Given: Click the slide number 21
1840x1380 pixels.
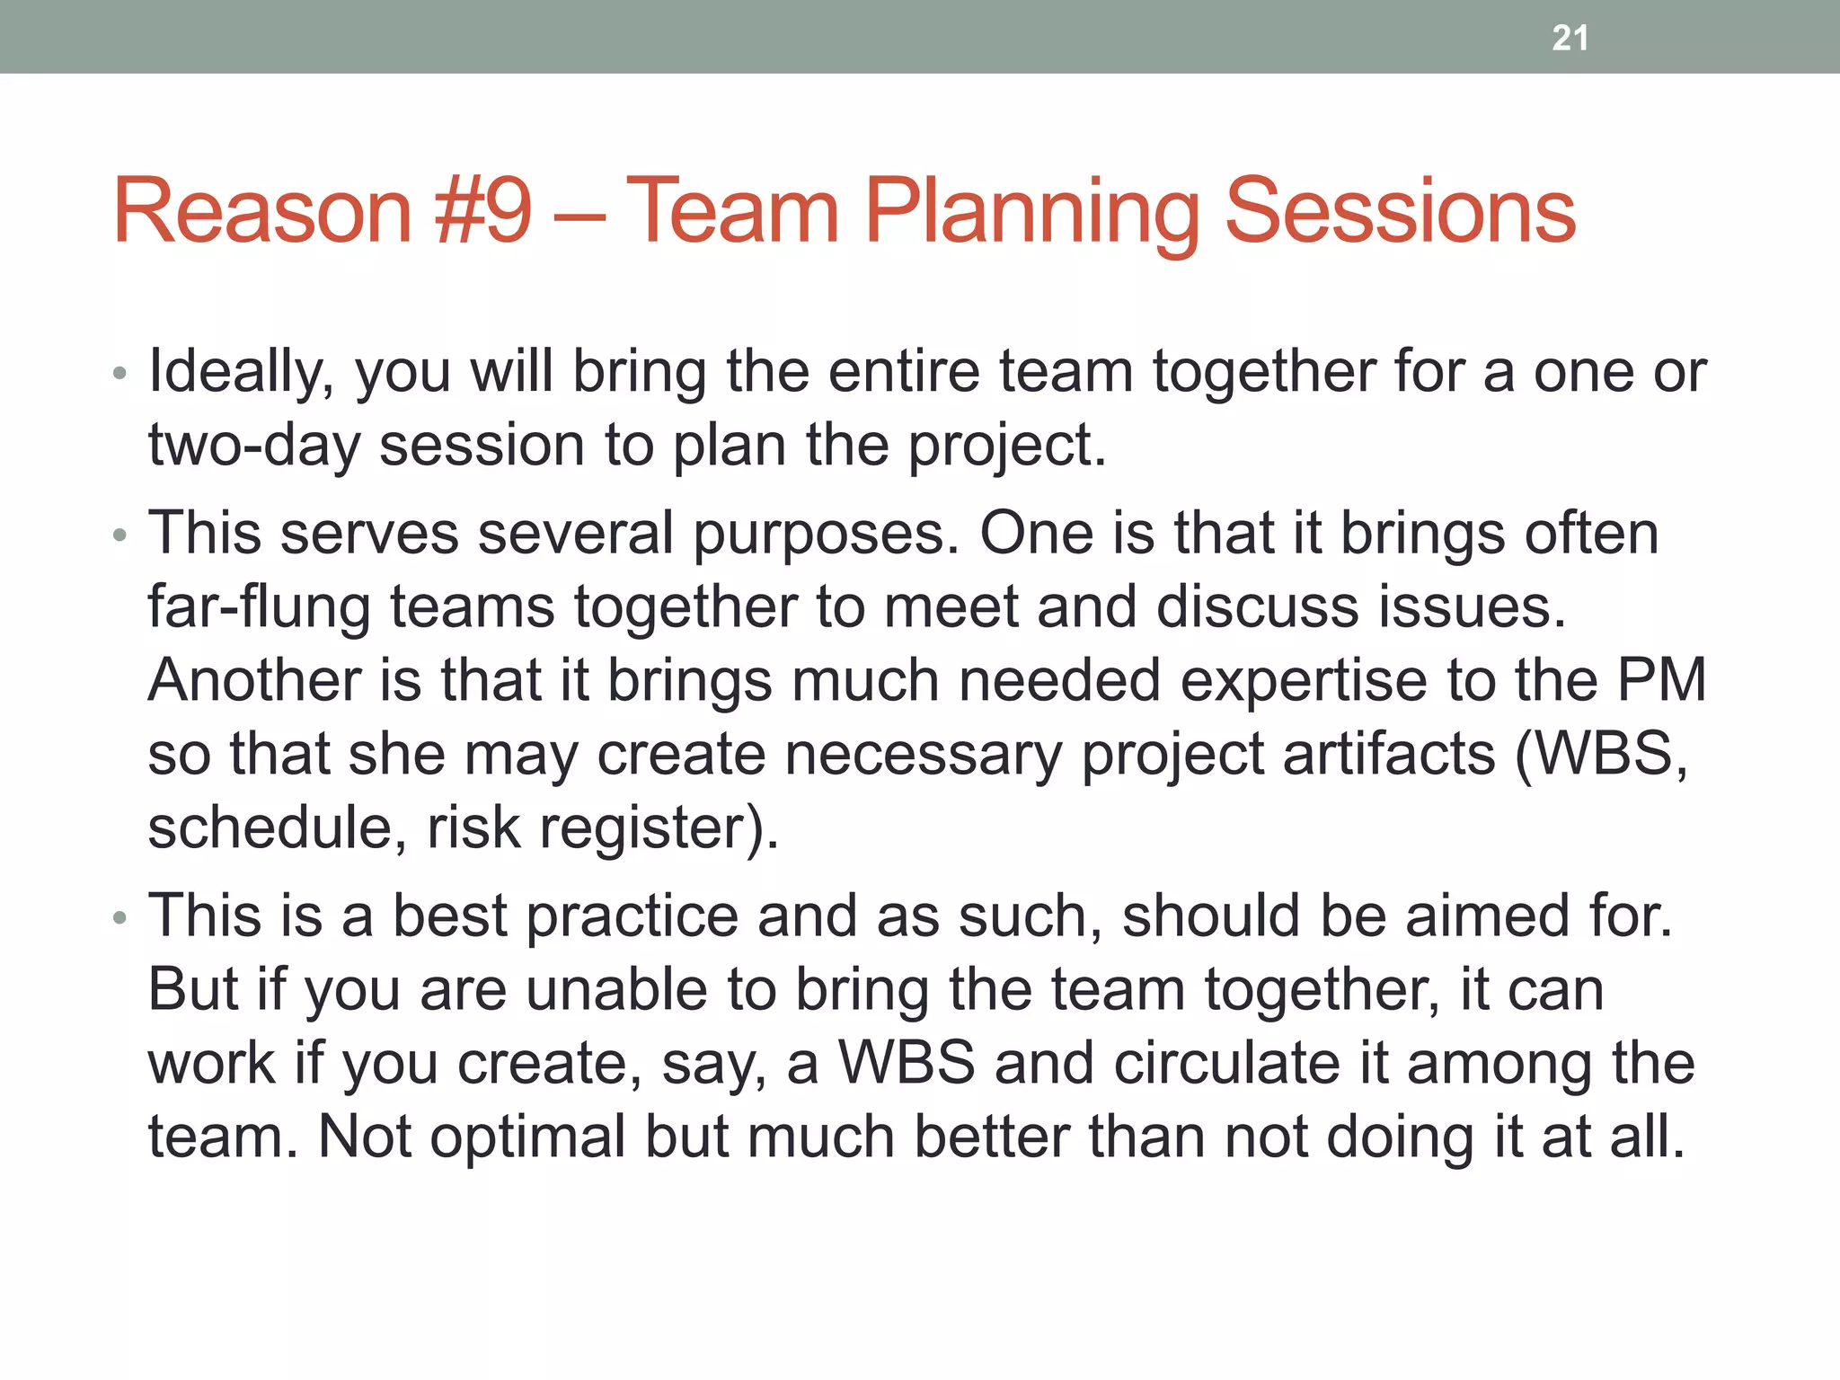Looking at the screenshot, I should click(1570, 38).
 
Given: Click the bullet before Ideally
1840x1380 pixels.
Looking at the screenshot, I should click(120, 373).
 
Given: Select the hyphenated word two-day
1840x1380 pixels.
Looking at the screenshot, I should click(253, 447).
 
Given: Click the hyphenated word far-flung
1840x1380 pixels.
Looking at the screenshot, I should click(259, 608).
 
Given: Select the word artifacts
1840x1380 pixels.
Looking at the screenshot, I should click(1388, 754).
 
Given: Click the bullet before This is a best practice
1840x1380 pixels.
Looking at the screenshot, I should click(120, 917).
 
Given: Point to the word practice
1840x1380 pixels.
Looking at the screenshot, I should click(632, 917).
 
